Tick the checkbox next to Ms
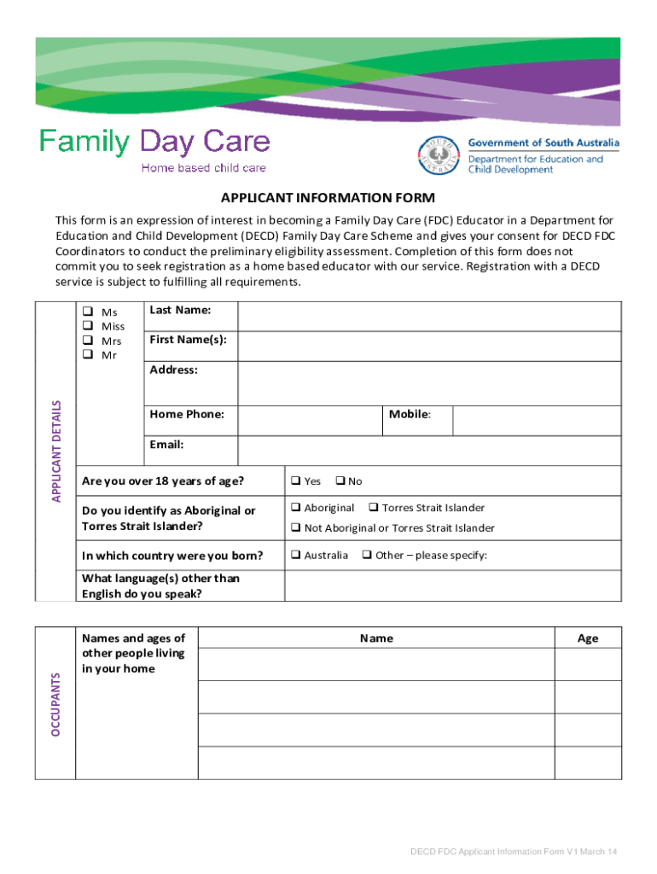pos(86,312)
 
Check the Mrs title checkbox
pos(86,341)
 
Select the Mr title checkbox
pos(86,355)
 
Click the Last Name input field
pos(429,317)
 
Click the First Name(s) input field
pos(429,346)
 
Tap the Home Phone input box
pos(309,421)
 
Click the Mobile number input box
pos(537,421)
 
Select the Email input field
pos(429,451)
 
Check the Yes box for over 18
pos(295,481)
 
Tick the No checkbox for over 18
pos(339,481)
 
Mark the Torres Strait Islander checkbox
pos(373,508)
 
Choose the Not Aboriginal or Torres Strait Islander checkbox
pos(295,528)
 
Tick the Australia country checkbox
pos(295,556)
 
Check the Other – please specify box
pos(366,556)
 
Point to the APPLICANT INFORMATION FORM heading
pos(328,198)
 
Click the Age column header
pos(588,638)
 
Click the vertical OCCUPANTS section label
pos(56,704)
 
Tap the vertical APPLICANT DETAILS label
pos(56,452)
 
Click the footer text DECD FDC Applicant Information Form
pos(514,852)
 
